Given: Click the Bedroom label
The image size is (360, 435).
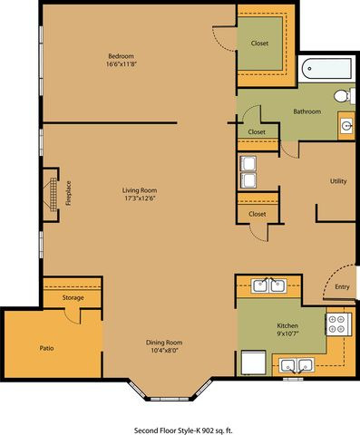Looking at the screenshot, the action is tap(121, 56).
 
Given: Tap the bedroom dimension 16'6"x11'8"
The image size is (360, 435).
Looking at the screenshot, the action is tap(122, 64).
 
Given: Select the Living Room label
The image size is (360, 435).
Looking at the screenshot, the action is tap(140, 190).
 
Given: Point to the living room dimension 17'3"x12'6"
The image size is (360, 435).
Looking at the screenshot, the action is tap(140, 198).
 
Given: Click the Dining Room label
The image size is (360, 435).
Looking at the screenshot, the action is tap(164, 343).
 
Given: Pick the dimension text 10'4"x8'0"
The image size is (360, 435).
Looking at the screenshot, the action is tap(164, 351).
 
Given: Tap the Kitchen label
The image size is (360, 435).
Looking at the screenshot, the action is tap(287, 325).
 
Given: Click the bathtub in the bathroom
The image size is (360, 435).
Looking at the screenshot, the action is tap(327, 69).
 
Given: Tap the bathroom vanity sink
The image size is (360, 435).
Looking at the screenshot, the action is tap(346, 125).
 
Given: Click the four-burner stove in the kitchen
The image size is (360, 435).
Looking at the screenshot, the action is tap(338, 324).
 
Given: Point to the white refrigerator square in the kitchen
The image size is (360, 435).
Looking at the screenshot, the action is tap(254, 362).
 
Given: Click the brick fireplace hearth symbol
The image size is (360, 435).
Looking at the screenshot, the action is tap(54, 195).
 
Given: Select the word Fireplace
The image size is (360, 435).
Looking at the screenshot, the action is tap(69, 193).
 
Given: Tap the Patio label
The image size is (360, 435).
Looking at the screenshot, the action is tap(46, 348).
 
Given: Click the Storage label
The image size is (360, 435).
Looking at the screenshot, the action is tap(73, 298).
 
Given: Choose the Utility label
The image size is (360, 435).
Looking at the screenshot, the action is tap(338, 181).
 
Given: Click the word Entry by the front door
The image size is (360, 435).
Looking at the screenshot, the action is tap(342, 287).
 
